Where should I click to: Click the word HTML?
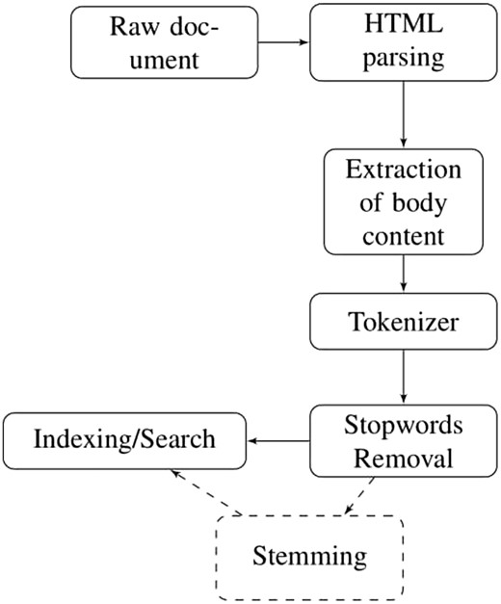click(x=404, y=24)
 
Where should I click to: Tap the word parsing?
click(x=404, y=59)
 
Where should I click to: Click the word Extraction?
click(x=403, y=170)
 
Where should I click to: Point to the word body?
click(x=419, y=202)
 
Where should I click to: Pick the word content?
click(x=403, y=236)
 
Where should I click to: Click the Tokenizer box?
click(x=403, y=321)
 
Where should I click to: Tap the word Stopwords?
click(x=404, y=426)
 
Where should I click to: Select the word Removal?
click(x=403, y=459)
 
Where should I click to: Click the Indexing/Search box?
click(x=124, y=440)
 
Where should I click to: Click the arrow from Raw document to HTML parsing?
click(x=283, y=42)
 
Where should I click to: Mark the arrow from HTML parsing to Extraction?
click(x=404, y=115)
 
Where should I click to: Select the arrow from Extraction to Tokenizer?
click(x=404, y=274)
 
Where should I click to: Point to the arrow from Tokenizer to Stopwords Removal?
click(x=404, y=377)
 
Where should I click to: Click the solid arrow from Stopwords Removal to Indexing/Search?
click(x=278, y=441)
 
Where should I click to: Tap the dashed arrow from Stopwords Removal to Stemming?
click(x=359, y=496)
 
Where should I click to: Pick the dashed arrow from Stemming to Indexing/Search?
click(x=206, y=492)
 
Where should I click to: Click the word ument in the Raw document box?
click(x=164, y=61)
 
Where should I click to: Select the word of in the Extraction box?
click(x=372, y=202)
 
